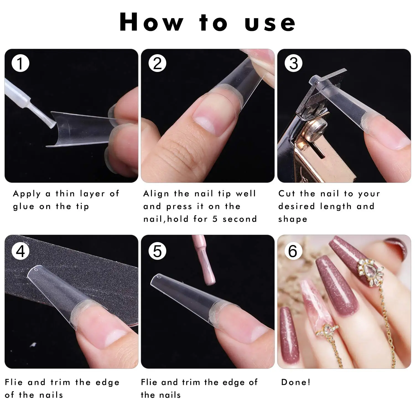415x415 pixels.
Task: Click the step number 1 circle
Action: click(20, 63)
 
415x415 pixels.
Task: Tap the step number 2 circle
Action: click(157, 63)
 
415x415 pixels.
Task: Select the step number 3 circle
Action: click(293, 63)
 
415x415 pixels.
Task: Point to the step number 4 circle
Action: click(20, 251)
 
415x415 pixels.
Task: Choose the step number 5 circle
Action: click(157, 251)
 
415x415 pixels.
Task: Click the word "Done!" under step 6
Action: click(296, 382)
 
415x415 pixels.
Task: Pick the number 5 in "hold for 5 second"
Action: click(215, 219)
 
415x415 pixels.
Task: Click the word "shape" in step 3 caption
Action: click(293, 219)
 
